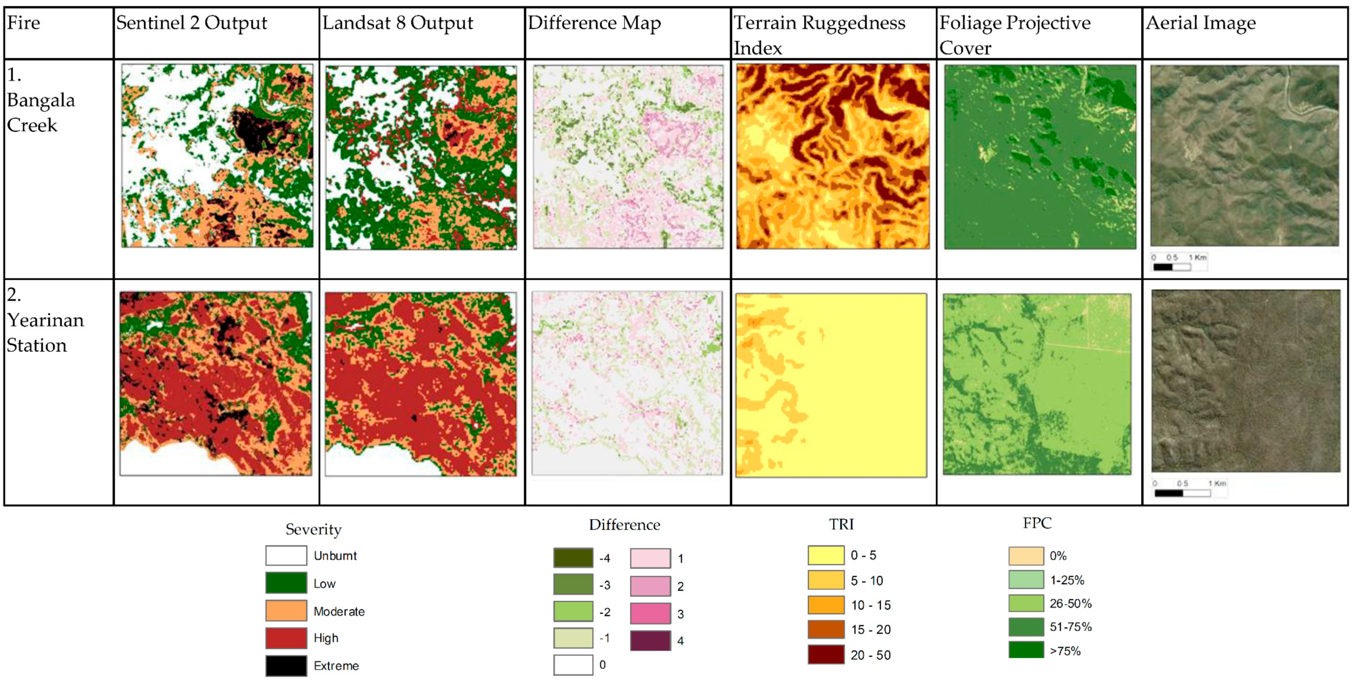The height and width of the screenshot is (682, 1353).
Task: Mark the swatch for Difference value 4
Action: coord(650,640)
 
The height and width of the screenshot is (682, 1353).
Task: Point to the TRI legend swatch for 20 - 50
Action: coord(826,655)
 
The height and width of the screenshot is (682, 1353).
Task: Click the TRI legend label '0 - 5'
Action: coord(863,555)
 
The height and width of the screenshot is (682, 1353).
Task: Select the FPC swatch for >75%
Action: coord(1026,650)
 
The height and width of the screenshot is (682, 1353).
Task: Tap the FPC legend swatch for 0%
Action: coord(1026,555)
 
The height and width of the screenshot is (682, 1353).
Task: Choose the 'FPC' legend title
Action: coord(1037,523)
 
